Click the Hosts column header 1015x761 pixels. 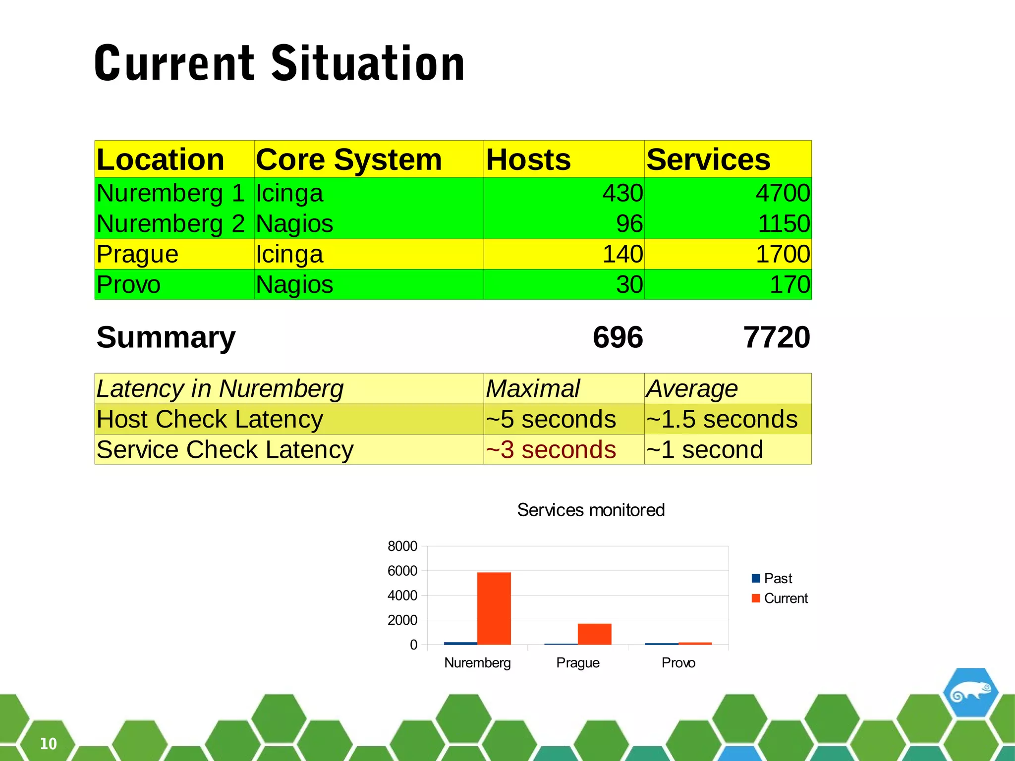(528, 160)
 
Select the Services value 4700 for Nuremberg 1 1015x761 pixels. (783, 193)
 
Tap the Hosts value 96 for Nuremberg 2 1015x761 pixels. (629, 223)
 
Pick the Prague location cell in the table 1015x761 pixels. (137, 254)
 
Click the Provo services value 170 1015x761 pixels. (789, 285)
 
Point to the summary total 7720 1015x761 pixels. (777, 337)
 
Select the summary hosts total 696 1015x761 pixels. (618, 337)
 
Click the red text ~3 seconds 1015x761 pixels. (551, 450)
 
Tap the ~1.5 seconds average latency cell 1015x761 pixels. (722, 419)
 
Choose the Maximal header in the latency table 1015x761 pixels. (533, 388)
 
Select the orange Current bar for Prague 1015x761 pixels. (594, 634)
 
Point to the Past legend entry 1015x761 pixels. (777, 578)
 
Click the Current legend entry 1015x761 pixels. (785, 598)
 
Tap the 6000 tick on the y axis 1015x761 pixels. (402, 571)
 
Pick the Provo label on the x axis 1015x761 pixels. (678, 663)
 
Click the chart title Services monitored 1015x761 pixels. (591, 510)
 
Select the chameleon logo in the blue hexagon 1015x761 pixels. (970, 692)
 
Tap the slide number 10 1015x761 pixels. (48, 744)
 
